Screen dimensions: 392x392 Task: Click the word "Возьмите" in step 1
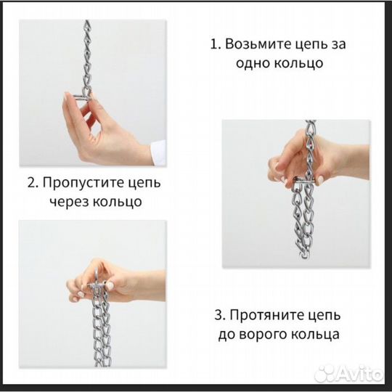264,44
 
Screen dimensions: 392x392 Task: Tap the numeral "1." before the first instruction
215,44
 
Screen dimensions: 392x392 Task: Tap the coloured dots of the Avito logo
328,374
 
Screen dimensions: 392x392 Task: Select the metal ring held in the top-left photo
82,97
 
